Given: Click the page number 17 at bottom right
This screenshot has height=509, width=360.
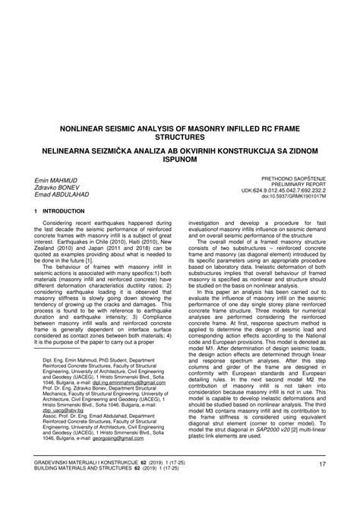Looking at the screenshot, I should pos(322,485).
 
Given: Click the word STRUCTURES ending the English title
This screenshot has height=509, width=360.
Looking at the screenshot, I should pos(179,141).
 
